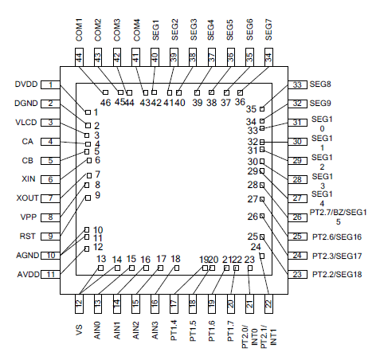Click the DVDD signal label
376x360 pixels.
(26, 84)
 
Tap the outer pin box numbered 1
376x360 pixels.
(50, 84)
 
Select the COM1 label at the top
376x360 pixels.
(79, 29)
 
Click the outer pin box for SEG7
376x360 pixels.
(268, 57)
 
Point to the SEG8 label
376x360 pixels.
(320, 84)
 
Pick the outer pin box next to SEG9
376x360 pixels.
(297, 104)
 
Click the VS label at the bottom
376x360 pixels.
(79, 330)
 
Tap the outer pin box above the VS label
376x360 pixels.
(79, 303)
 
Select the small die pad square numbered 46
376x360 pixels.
(105, 92)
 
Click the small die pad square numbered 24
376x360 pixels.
(262, 256)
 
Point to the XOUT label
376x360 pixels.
(27, 198)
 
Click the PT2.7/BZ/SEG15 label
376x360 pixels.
(338, 217)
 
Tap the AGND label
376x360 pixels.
(28, 256)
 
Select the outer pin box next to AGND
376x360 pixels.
(50, 256)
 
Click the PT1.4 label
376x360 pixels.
(174, 331)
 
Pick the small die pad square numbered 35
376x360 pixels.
(262, 109)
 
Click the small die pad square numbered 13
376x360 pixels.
(100, 268)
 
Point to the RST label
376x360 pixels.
(27, 236)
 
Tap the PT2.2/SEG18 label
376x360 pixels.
(337, 274)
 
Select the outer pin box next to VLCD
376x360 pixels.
(50, 123)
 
